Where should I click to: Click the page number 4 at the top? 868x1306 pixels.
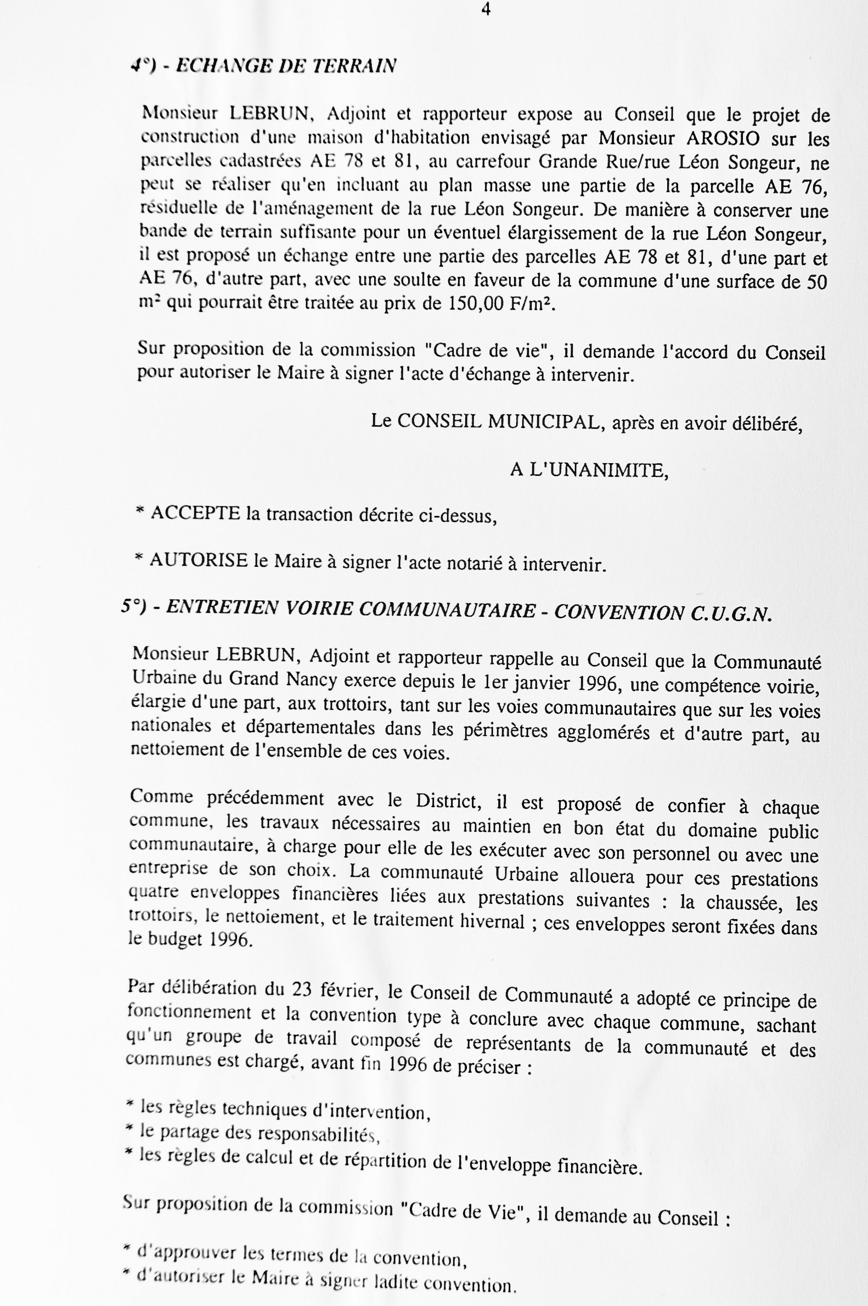[486, 9]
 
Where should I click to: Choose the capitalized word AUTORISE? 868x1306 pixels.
[198, 561]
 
